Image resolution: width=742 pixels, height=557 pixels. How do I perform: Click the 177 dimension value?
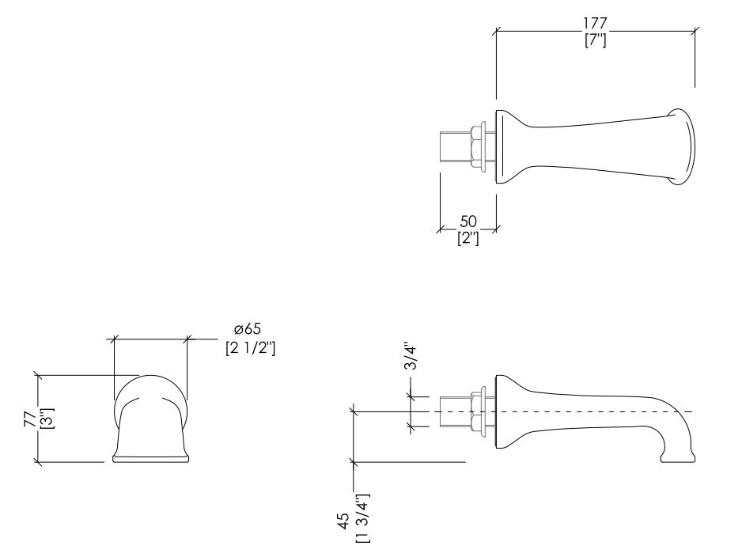[595, 23]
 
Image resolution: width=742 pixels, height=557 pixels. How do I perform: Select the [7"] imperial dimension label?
[596, 40]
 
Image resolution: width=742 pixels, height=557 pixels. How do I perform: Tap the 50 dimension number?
[468, 222]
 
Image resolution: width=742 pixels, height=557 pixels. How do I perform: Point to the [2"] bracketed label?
[468, 237]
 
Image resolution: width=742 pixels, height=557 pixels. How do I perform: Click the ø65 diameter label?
[248, 328]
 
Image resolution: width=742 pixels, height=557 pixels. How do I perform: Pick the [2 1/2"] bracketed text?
[250, 348]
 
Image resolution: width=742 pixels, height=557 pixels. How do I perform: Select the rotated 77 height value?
[30, 419]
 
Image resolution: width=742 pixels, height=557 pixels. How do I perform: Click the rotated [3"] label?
[47, 419]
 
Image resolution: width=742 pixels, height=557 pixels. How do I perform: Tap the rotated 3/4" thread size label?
[411, 357]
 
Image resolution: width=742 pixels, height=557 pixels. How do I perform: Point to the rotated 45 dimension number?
[345, 521]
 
